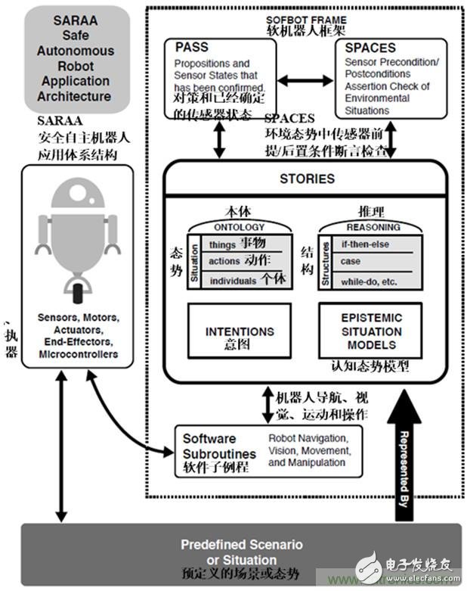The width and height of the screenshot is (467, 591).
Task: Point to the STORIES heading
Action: pyautogui.click(x=307, y=179)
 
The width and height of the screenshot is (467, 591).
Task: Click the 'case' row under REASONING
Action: pyautogui.click(x=351, y=262)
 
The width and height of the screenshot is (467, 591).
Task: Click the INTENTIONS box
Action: pyautogui.click(x=240, y=336)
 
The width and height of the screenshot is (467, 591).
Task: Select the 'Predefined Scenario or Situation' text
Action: pyautogui.click(x=242, y=551)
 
